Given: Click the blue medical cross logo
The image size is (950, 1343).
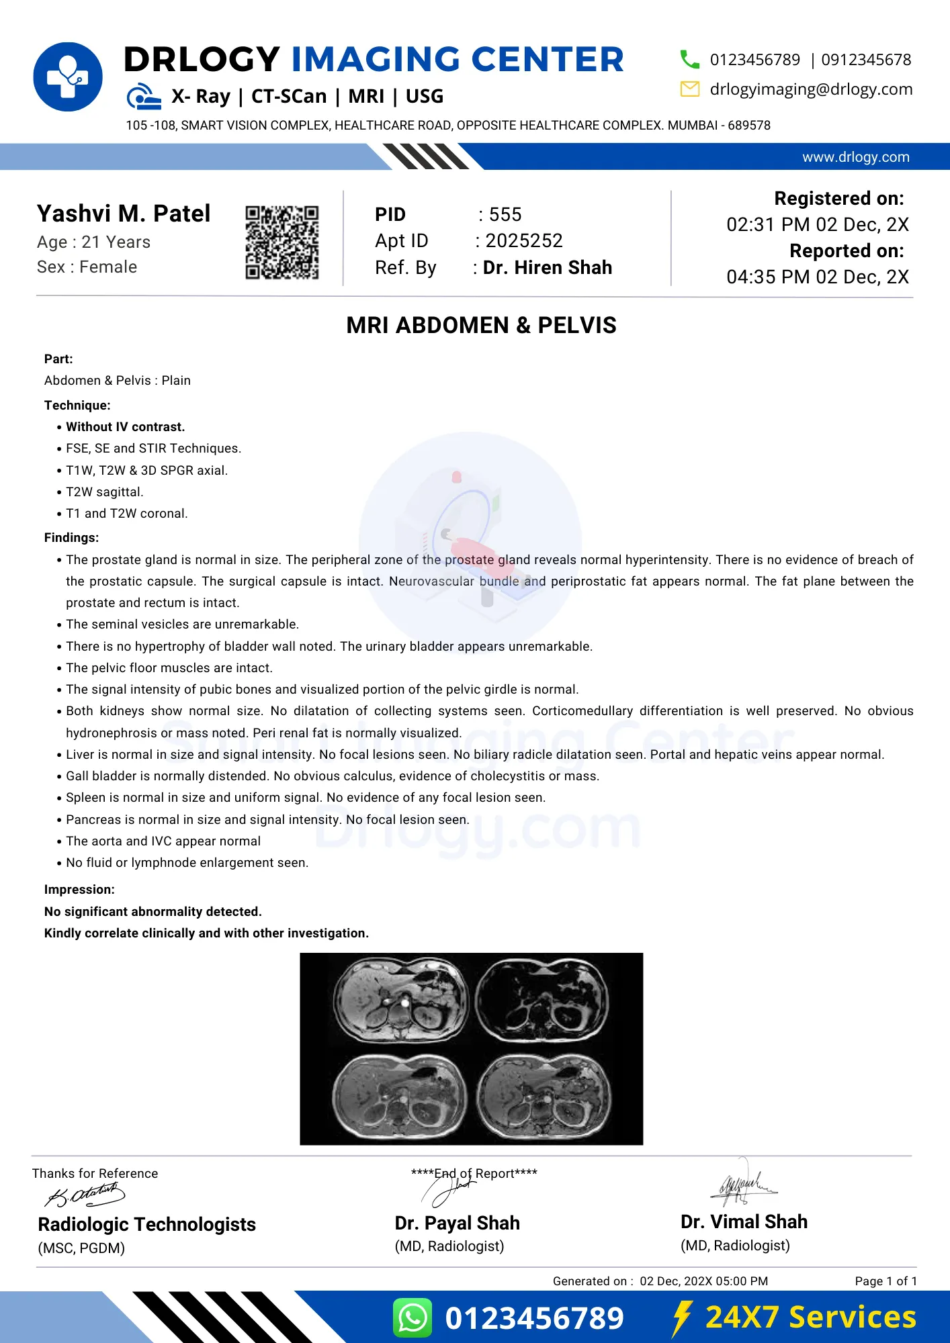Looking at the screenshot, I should (68, 77).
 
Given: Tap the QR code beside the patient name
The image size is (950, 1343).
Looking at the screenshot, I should (282, 242).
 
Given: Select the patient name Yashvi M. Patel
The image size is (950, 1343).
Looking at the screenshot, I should (124, 214).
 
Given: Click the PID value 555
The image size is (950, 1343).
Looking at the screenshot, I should (505, 215).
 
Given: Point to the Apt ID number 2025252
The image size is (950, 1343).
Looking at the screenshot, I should (524, 240).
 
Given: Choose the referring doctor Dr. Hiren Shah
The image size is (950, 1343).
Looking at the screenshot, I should (548, 267).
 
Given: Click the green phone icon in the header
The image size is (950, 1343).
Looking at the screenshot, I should (689, 60).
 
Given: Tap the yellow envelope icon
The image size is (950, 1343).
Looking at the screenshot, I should (689, 89).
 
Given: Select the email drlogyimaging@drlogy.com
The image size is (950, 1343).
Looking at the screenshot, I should (811, 89).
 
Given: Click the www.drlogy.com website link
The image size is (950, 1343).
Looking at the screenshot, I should (855, 157).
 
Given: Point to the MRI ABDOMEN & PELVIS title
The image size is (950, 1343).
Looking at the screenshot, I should (481, 326).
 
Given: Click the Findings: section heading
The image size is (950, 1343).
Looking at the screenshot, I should (71, 538).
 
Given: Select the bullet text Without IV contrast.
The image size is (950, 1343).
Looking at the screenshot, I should (125, 427).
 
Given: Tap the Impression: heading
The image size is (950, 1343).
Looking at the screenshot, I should (79, 890).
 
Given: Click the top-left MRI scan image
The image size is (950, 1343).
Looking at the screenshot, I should (401, 1001).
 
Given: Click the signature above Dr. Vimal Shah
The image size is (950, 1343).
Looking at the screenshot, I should (743, 1185).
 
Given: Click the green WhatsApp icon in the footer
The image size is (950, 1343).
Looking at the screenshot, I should (413, 1317).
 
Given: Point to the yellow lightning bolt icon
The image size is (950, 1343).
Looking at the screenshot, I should (682, 1317).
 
